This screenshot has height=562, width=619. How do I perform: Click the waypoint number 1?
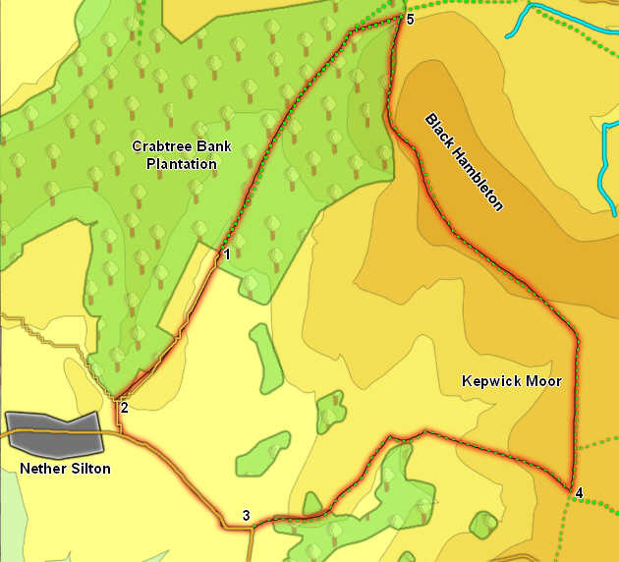click(x=226, y=254)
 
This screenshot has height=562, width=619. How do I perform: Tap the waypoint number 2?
click(x=124, y=408)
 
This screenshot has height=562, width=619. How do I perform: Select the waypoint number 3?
click(x=246, y=516)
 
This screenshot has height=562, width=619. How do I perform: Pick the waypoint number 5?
click(x=410, y=19)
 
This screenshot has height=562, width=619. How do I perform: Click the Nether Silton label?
click(x=65, y=469)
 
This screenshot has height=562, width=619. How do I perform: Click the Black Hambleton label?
click(x=464, y=162)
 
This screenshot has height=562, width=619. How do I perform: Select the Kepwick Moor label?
click(x=511, y=380)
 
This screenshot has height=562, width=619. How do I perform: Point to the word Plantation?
click(x=181, y=164)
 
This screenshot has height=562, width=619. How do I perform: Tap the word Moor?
click(x=543, y=380)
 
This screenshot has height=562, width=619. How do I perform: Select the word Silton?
click(x=89, y=469)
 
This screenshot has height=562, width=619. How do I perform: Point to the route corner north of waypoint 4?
click(x=578, y=342)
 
